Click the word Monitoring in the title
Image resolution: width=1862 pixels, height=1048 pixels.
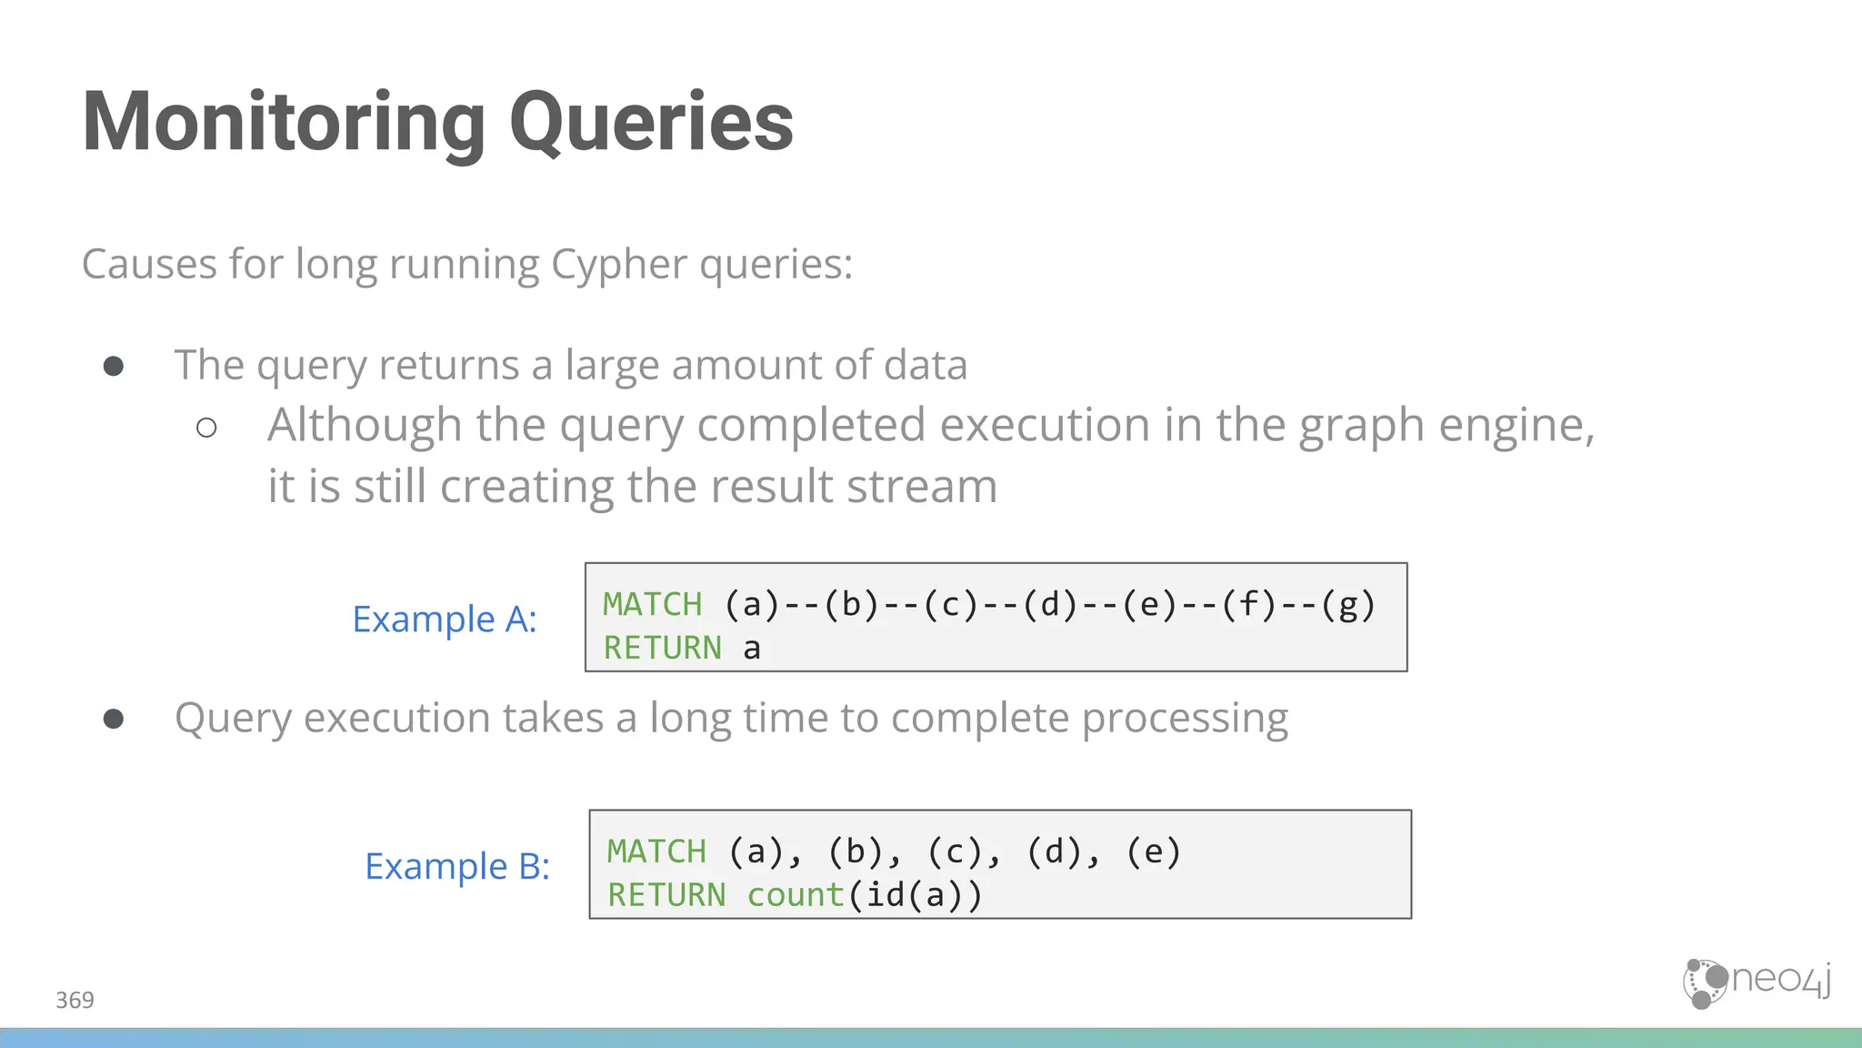coord(284,123)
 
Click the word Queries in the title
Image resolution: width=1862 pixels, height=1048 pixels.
coord(651,123)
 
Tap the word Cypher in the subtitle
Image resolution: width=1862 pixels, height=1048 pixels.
coord(619,265)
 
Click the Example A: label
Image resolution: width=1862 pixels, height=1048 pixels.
coord(444,620)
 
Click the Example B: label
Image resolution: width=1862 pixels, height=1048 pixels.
coord(457,866)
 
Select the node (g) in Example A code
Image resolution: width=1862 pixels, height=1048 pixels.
coord(1348,605)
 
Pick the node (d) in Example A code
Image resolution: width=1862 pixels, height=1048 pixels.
coord(1050,605)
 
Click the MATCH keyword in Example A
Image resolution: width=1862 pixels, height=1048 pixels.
coord(653,605)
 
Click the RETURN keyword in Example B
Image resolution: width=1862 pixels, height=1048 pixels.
coord(666,895)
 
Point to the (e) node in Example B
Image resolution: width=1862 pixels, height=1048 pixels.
coord(1153,852)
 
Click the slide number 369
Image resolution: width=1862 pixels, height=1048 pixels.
coord(75,1001)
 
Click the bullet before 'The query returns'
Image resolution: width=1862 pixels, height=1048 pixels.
coord(114,366)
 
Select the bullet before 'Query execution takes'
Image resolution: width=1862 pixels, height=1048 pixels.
coord(114,719)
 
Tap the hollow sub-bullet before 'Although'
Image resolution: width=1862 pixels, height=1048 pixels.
coord(206,427)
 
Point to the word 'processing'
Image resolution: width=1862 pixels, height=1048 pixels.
coord(1185,719)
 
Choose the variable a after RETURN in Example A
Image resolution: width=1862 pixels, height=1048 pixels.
coord(751,649)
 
